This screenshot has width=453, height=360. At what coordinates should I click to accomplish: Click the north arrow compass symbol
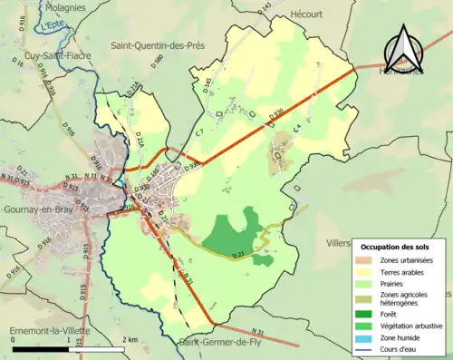coord(404,48)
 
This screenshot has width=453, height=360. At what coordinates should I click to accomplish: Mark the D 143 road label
coord(265,9)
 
